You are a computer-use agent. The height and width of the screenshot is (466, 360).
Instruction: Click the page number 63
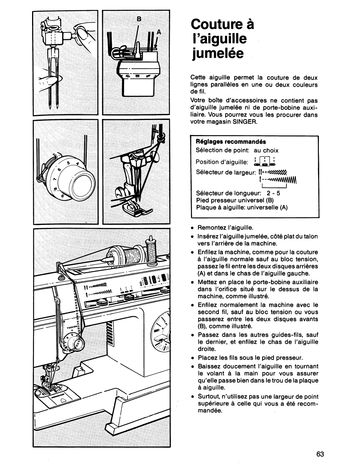(x=320, y=454)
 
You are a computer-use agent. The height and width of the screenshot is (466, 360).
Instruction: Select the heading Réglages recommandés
(x=231, y=142)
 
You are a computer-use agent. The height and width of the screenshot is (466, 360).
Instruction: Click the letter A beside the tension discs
(x=159, y=32)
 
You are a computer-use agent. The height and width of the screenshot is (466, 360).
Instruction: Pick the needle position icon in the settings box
(x=265, y=161)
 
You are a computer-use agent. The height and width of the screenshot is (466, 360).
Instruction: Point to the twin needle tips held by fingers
(x=53, y=102)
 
